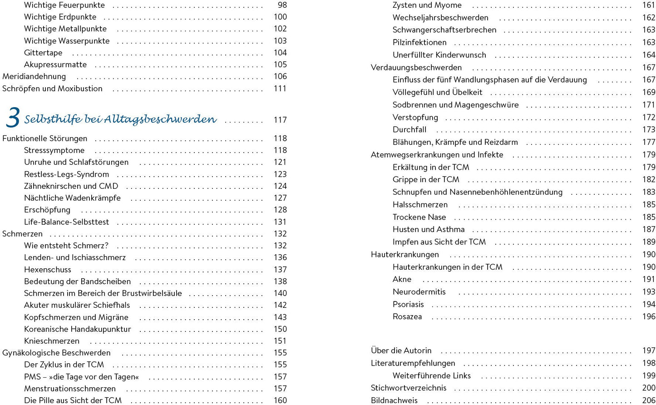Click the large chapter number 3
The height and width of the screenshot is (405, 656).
13,118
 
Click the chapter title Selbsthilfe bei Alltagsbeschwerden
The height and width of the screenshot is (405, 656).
120,119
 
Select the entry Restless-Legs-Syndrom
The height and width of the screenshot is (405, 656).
66,174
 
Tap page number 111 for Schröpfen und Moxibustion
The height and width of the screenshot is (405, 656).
280,89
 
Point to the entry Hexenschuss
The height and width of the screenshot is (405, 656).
48,270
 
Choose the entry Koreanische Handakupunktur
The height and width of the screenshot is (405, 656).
77,329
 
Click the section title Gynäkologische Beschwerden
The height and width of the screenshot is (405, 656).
56,353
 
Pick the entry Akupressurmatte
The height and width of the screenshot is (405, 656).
55,64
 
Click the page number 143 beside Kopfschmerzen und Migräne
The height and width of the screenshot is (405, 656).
280,317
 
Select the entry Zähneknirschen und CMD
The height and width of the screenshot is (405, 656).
71,186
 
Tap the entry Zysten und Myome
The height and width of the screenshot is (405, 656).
427,5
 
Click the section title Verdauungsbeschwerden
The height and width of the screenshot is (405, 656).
416,68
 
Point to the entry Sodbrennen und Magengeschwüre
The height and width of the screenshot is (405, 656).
455,105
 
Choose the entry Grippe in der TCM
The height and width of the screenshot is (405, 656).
426,180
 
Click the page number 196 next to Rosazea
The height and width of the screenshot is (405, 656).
649,317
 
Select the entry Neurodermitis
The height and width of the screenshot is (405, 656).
419,292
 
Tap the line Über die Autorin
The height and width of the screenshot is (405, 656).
401,351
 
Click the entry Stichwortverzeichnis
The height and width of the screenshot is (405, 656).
409,388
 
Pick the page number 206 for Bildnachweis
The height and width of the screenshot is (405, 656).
649,400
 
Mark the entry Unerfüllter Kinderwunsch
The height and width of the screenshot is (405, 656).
439,55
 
